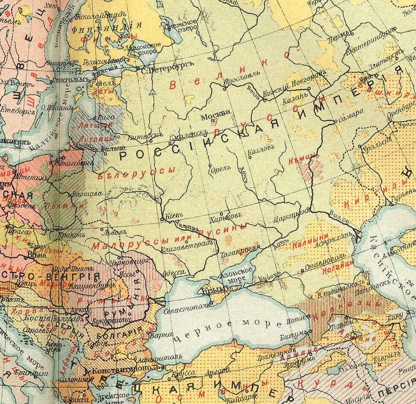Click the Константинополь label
(x=119, y=372)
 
